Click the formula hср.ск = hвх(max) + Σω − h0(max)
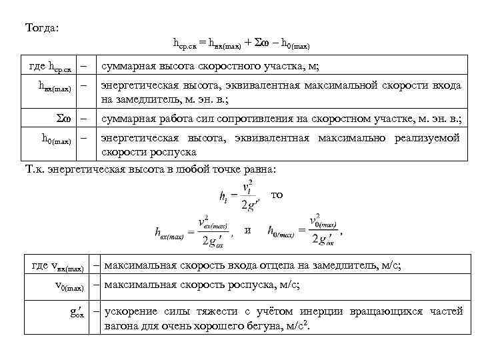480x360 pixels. (241, 44)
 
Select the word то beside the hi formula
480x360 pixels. (277, 195)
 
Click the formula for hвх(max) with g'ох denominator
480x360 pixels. (193, 230)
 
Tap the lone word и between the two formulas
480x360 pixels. (248, 230)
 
